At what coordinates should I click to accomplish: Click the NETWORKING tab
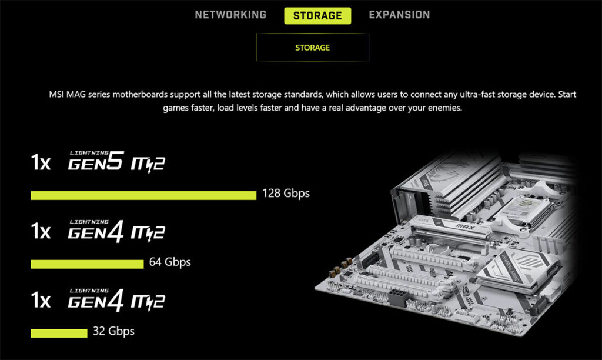click(x=230, y=15)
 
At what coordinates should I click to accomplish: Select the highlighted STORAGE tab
click(x=317, y=16)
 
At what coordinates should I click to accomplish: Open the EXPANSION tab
click(x=399, y=15)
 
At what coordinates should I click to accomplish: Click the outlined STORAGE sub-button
click(x=313, y=47)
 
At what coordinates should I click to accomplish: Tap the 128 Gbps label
click(x=286, y=193)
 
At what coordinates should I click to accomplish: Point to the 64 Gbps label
click(x=170, y=262)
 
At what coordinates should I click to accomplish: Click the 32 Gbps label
click(x=113, y=331)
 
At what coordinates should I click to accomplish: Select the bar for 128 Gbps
click(x=143, y=195)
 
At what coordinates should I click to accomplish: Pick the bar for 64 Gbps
click(x=87, y=264)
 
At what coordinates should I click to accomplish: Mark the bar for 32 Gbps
click(x=59, y=333)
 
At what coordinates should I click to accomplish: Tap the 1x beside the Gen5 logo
click(x=41, y=162)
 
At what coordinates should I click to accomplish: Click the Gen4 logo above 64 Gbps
click(x=116, y=231)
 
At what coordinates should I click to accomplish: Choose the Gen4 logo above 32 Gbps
click(x=116, y=299)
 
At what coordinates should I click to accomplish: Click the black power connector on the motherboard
click(x=398, y=297)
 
